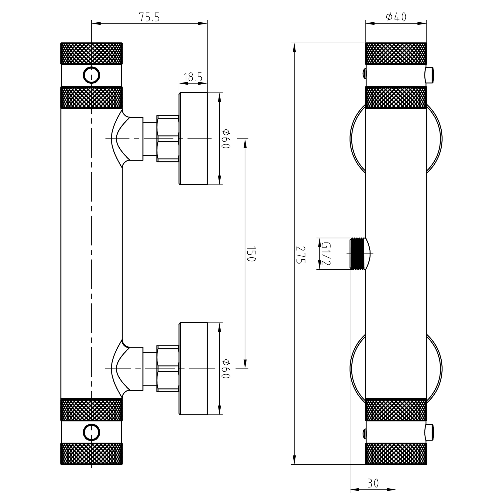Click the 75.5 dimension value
pos(149,17)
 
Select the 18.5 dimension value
pos(193,77)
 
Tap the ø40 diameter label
pos(396,17)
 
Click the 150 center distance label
pos(251,254)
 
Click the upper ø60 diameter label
pos(226,139)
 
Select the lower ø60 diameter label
pos(226,369)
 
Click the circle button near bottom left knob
pos(91,432)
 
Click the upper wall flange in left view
pos(194,139)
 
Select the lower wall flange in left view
pos(194,369)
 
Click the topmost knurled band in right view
pos(396,54)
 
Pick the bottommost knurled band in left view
pos(91,454)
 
